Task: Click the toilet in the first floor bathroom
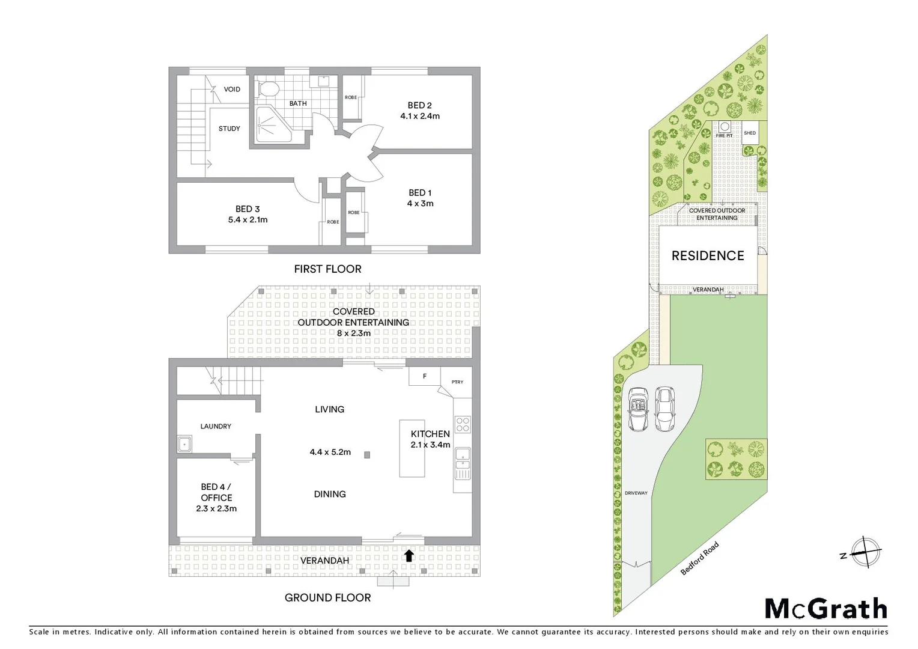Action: pos(269,90)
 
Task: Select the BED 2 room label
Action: pos(420,105)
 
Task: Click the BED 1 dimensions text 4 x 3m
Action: pos(420,204)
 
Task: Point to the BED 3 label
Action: pos(248,209)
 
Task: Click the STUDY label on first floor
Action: pos(229,129)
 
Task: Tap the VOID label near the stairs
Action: pos(232,90)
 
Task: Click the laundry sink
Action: pos(184,445)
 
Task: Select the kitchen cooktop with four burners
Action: pos(463,425)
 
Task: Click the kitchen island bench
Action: pos(412,448)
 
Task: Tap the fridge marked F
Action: pos(425,377)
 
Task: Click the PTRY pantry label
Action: pos(457,382)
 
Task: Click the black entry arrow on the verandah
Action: pos(409,556)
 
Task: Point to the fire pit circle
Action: pos(725,127)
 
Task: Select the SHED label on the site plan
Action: pos(750,133)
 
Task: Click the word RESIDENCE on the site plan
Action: pos(708,256)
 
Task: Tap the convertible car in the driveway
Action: pos(637,409)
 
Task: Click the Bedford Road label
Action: pos(699,559)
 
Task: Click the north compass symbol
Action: pos(865,552)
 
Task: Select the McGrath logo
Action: pos(826,609)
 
